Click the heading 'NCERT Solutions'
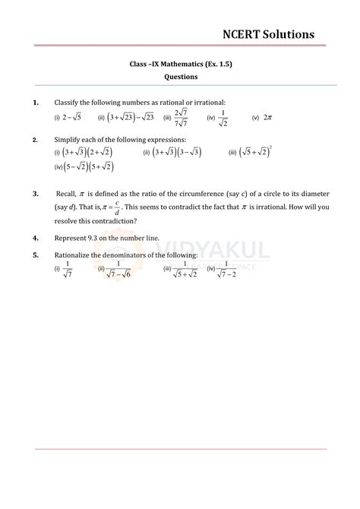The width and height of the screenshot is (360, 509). [x=268, y=33]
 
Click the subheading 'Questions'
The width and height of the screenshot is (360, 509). [x=181, y=77]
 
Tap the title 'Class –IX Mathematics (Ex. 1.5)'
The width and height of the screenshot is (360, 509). [x=180, y=64]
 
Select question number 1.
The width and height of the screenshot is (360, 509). [x=36, y=102]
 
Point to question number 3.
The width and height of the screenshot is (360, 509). [x=36, y=194]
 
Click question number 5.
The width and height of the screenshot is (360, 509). [x=36, y=255]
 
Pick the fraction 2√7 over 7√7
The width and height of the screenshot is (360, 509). [x=180, y=117]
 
